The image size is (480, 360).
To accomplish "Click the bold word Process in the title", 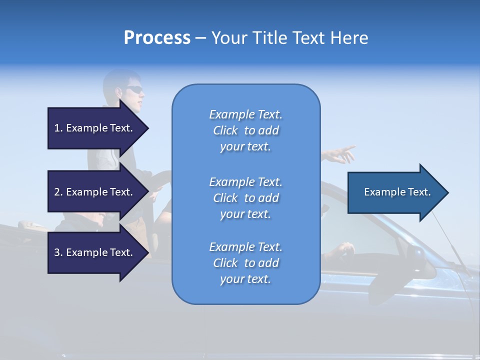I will pos(157,38).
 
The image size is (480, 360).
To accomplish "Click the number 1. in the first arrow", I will pos(58,128).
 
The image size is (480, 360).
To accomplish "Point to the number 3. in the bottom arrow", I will pos(58,252).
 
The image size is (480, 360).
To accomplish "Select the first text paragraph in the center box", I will pos(245,130).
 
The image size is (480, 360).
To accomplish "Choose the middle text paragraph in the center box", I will pos(245,198).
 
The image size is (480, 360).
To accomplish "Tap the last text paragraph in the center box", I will pos(245,263).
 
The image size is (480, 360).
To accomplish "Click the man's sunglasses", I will pos(134,90).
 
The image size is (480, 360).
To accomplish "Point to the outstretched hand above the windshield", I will pos(342,154).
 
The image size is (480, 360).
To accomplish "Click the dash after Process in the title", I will pos(200,38).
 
